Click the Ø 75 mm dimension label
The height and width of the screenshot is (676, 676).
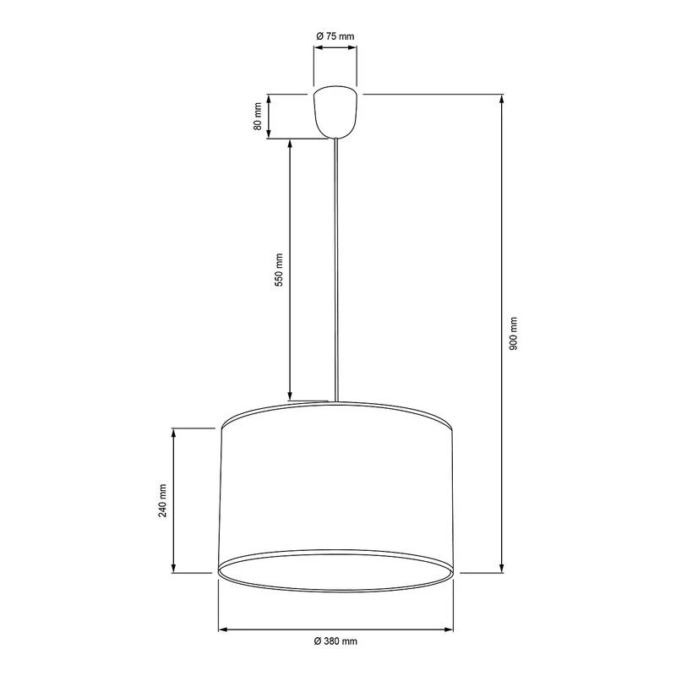pyautogui.click(x=335, y=35)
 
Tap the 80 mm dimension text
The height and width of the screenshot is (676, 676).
pyautogui.click(x=257, y=117)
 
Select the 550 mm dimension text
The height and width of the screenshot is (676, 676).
pyautogui.click(x=278, y=270)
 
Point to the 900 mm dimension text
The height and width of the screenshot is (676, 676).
pyautogui.click(x=515, y=334)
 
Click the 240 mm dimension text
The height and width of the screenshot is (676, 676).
pyautogui.click(x=162, y=500)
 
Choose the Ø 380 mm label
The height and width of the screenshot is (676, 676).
pyautogui.click(x=335, y=642)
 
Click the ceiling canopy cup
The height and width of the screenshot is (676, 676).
pyautogui.click(x=336, y=112)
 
